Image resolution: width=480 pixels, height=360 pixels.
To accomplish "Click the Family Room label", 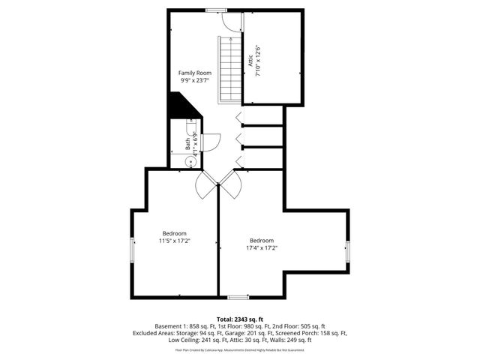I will [194, 73].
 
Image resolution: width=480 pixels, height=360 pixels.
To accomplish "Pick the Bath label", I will [187, 142].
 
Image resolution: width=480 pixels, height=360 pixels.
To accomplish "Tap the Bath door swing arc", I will [211, 142].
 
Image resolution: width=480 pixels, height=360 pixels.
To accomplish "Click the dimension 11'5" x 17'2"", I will [174, 241].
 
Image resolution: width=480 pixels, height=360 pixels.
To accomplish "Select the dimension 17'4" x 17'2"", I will [264, 247].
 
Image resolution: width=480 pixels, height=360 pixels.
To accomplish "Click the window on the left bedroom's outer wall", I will [133, 250].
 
